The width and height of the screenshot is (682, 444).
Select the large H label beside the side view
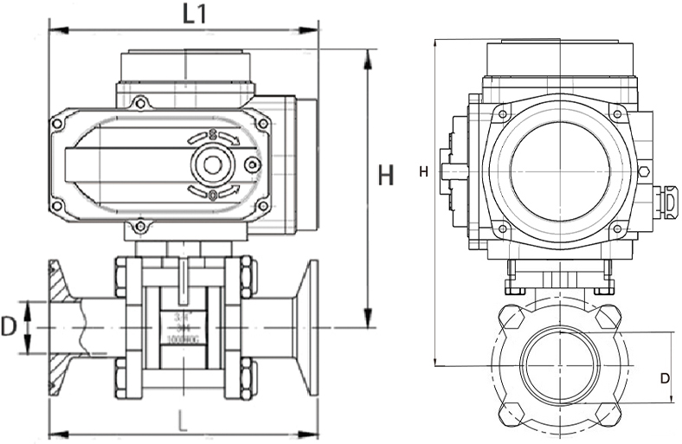[x=386, y=175]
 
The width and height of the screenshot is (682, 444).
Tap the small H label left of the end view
[x=423, y=171]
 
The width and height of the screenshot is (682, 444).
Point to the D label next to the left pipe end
[x=10, y=326]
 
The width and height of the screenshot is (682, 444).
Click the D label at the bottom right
[x=664, y=378]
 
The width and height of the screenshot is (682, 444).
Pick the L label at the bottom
[x=182, y=421]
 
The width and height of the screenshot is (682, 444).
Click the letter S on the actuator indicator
[x=212, y=134]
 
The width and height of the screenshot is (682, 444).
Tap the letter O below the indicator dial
[x=213, y=195]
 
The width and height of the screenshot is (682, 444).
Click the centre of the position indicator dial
[x=213, y=164]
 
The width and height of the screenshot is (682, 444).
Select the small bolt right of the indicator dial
[x=253, y=164]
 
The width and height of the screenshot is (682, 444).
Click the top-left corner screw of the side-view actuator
[x=57, y=124]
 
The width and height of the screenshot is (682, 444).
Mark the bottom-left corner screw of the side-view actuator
[x=57, y=206]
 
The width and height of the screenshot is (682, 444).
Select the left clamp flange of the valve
[x=59, y=328]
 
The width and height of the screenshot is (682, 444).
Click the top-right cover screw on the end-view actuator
[x=616, y=113]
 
